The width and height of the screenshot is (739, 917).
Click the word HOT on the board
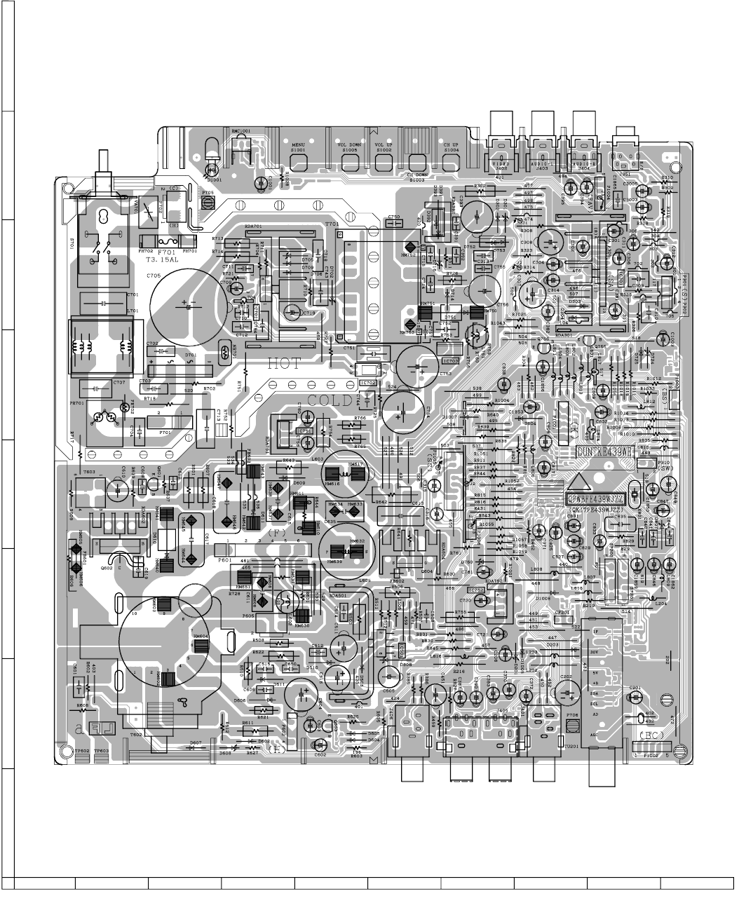pyautogui.click(x=284, y=364)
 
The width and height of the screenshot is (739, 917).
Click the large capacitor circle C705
pyautogui.click(x=189, y=306)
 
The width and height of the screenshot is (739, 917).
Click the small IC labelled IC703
pyautogui.click(x=450, y=361)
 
